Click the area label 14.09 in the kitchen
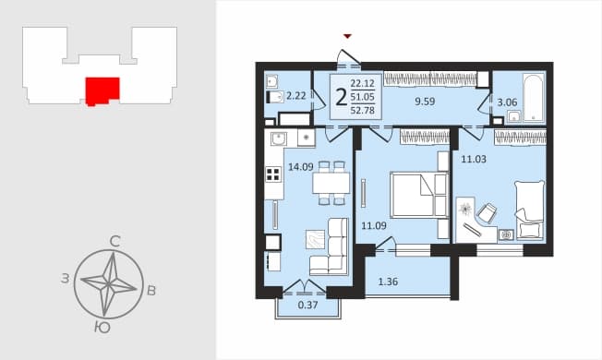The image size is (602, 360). [x=301, y=167]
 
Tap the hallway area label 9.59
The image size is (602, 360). [x=425, y=102]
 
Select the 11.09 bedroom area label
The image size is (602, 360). [x=374, y=225]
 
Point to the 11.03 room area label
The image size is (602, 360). [x=474, y=159]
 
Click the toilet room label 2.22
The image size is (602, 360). [x=296, y=96]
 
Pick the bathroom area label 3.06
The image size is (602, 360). [x=507, y=102]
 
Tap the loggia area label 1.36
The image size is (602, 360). [x=388, y=282]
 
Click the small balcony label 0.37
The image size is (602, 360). [x=307, y=306]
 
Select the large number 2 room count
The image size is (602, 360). [x=341, y=97]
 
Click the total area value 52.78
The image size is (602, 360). [x=363, y=111]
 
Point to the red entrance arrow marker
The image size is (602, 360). [x=347, y=36]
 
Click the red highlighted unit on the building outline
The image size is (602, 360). [x=102, y=91]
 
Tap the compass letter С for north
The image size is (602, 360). [x=114, y=242]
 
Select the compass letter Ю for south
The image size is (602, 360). [x=102, y=328]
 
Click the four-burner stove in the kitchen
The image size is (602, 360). [x=273, y=174]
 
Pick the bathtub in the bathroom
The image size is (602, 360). [x=534, y=98]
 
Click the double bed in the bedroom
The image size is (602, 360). [x=419, y=195]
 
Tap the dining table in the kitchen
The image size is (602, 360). [x=331, y=183]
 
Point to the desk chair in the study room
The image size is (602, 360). [x=487, y=212]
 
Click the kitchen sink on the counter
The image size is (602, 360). [x=278, y=138]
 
